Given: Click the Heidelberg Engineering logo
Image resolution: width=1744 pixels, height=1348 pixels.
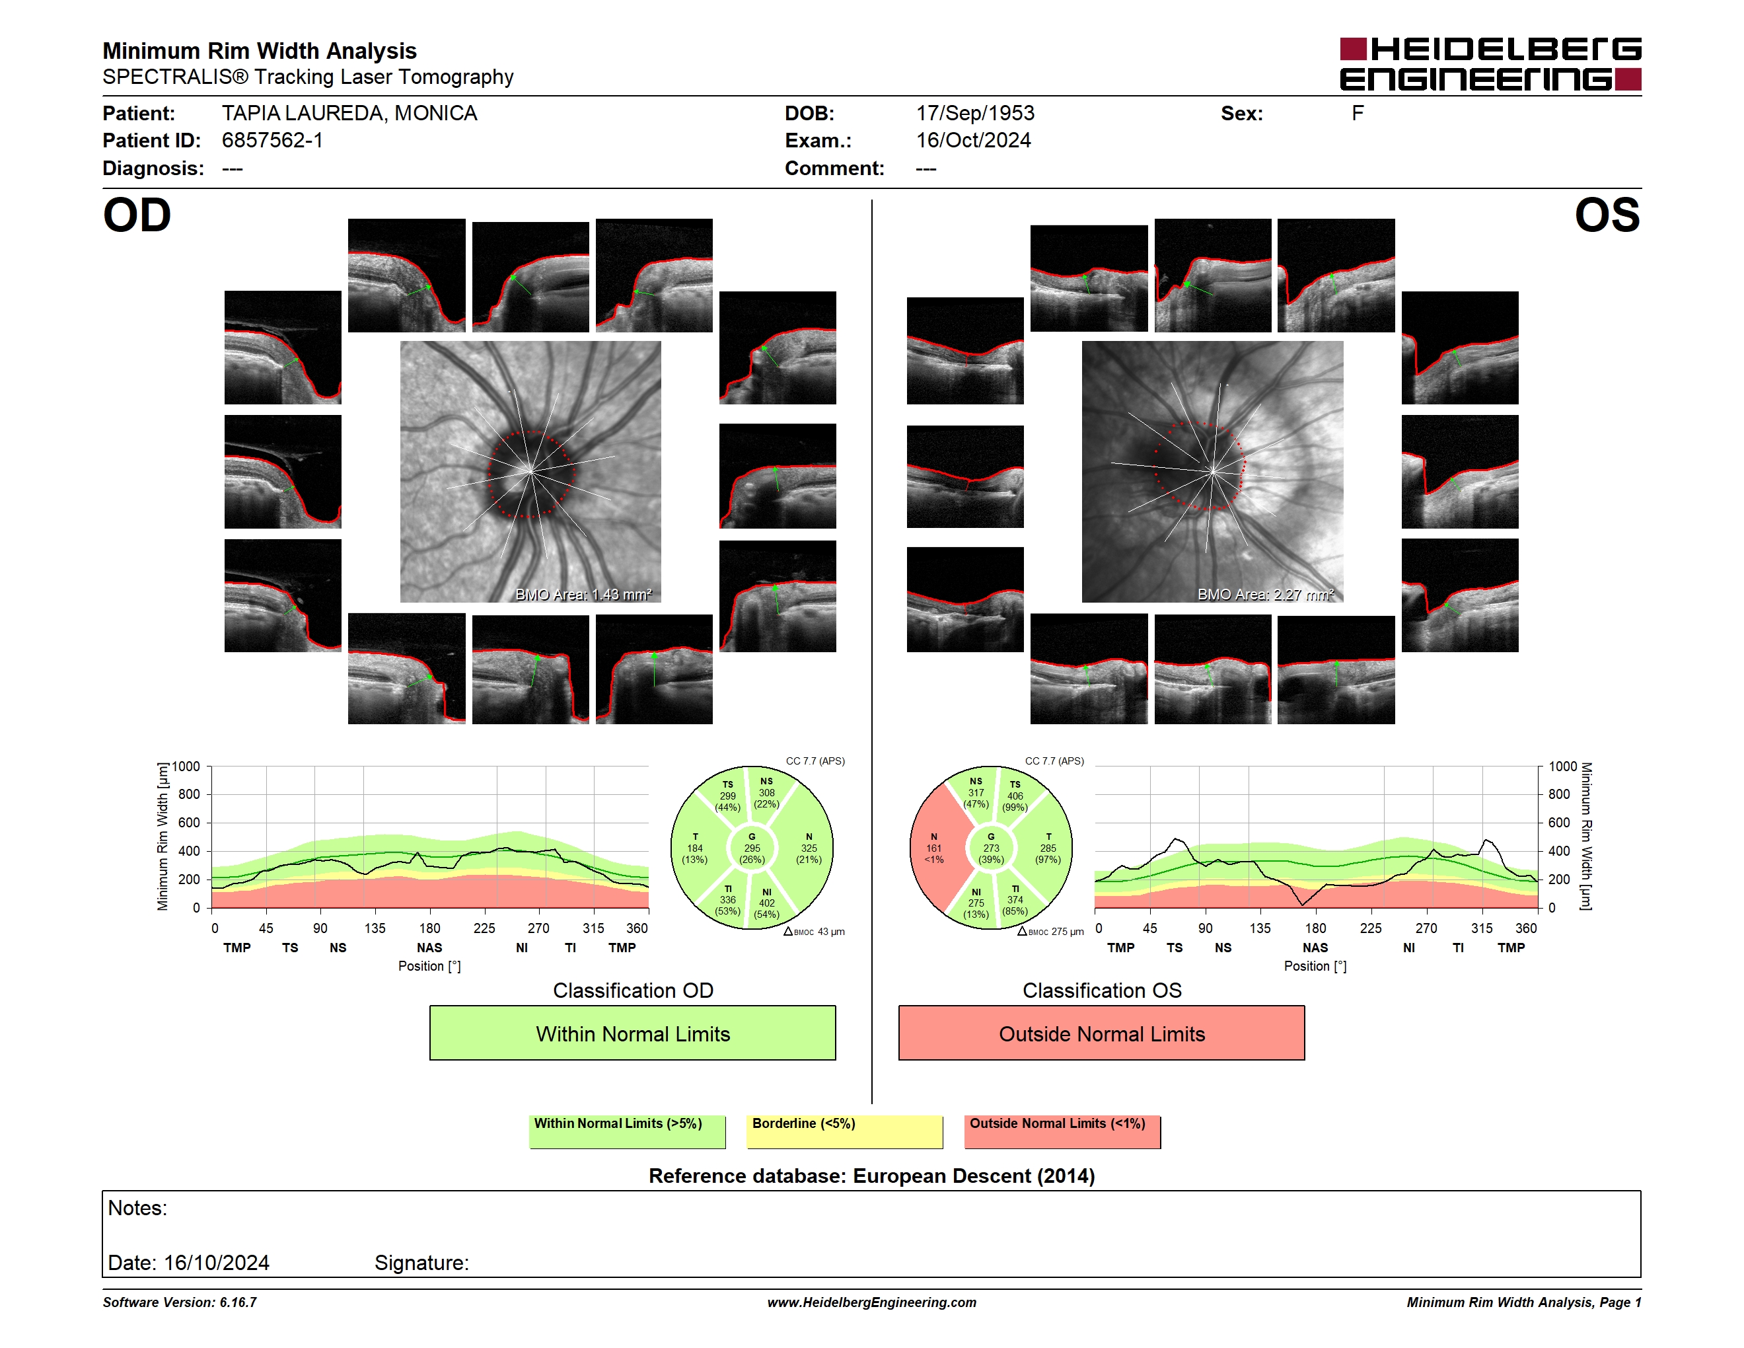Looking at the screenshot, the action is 1490,64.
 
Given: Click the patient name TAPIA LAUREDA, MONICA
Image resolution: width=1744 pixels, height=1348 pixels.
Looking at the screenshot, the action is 349,114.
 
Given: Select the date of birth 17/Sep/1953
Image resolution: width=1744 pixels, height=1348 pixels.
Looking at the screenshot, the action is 975,114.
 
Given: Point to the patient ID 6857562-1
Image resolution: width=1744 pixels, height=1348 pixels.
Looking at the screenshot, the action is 272,141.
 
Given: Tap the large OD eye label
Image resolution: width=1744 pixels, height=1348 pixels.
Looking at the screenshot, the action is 137,215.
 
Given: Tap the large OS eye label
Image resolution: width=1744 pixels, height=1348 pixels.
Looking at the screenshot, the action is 1607,215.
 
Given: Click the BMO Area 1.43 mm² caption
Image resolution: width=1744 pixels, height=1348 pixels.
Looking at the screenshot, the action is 584,594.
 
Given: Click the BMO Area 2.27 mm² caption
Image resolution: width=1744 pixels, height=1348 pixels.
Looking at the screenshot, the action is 1266,594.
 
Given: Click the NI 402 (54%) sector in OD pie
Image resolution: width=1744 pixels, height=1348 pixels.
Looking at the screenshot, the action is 766,903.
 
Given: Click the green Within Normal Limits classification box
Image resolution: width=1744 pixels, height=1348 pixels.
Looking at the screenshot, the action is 632,1033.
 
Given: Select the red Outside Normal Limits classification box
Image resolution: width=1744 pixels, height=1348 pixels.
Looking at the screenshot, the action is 1101,1033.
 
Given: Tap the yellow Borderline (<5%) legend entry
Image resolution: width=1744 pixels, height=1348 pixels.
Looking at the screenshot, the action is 844,1131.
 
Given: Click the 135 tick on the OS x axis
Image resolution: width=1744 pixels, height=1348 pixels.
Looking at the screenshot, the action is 1260,928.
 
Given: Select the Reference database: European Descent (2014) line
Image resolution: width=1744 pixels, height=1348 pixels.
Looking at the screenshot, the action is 871,1176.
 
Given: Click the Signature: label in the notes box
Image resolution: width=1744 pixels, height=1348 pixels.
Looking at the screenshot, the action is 421,1263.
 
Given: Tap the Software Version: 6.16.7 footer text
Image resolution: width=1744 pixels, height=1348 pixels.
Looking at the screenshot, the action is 180,1302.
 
